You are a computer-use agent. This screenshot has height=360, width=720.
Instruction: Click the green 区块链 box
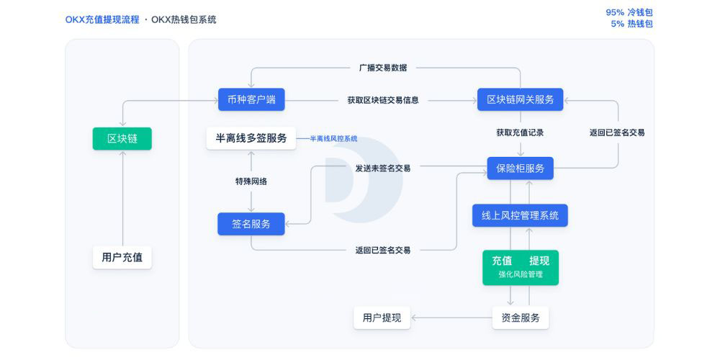coord(122,139)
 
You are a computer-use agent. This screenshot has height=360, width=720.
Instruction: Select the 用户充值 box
coord(122,257)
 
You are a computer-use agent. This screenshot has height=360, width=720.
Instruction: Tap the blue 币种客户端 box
coord(251,99)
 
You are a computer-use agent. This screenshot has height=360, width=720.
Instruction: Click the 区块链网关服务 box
coord(520,99)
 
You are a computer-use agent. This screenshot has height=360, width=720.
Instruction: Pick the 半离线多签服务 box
coord(251,138)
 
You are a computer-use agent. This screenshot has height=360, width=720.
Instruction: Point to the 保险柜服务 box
coord(520,168)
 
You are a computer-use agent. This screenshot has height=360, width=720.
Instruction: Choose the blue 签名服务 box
coord(251,224)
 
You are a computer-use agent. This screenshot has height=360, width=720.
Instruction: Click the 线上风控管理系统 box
coord(520,215)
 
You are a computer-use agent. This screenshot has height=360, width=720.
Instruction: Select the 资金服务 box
coord(520,318)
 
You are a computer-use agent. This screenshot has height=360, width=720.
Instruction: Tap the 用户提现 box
coord(382,318)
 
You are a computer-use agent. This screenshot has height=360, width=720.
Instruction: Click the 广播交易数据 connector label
coord(383,68)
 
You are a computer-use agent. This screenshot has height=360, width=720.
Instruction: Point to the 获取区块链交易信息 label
coord(383,100)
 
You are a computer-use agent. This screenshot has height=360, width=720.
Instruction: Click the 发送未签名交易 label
coord(383,168)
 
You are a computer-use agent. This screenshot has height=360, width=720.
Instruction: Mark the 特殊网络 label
coord(251,181)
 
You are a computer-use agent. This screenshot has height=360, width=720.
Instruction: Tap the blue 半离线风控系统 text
coord(333,138)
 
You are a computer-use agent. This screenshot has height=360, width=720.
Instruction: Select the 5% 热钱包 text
coord(631,24)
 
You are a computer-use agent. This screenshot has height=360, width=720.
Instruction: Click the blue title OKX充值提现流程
coord(102,19)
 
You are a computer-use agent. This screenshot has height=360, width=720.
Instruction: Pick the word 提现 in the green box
coord(544,261)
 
